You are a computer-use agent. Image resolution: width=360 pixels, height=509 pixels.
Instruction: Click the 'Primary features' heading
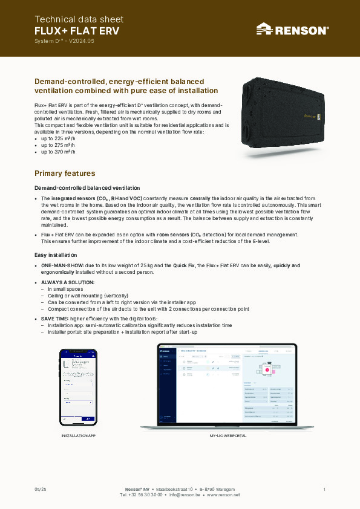[x=65, y=173]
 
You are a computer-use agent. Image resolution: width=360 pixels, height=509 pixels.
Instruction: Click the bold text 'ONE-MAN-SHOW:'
[x=59, y=265]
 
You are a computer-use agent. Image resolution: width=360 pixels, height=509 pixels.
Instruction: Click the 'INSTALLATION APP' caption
[x=79, y=435]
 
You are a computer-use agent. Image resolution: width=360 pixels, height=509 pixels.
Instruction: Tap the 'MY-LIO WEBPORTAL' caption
[x=227, y=435]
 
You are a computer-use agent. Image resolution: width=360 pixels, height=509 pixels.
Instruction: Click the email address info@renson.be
[x=184, y=494]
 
